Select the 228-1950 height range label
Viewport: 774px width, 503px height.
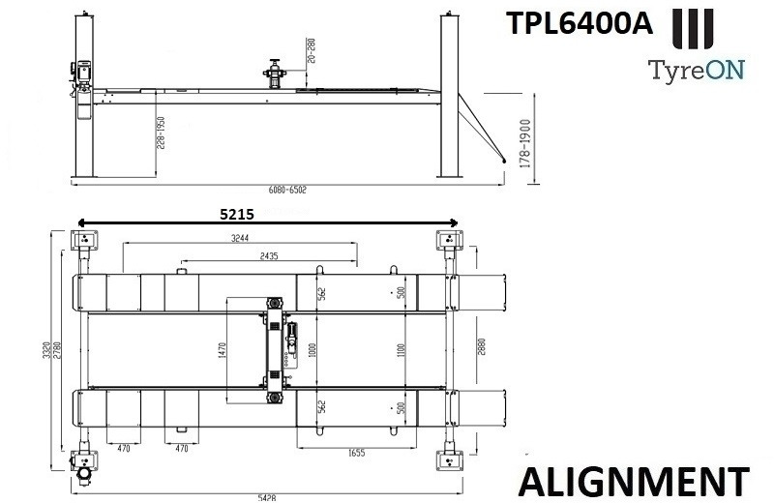[164, 134]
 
